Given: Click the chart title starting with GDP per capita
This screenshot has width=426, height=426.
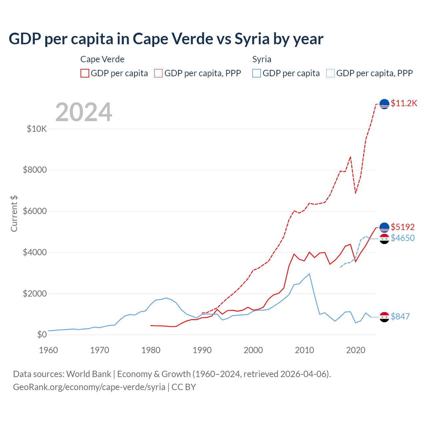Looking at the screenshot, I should click(x=166, y=39).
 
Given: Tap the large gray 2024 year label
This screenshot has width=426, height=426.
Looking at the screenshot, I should click(x=84, y=112).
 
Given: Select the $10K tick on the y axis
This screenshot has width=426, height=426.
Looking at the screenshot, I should click(x=37, y=129).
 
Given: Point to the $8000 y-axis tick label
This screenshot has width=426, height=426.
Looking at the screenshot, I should click(x=35, y=170).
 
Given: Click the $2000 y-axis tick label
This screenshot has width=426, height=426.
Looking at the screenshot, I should click(x=35, y=294).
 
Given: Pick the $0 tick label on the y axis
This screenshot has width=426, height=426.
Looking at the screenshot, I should click(x=42, y=334).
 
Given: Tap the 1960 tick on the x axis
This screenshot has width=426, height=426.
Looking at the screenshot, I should click(x=49, y=350).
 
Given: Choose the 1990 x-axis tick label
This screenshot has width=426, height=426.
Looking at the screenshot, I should click(x=202, y=350).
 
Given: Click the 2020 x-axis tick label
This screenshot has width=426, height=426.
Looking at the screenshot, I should click(x=356, y=350).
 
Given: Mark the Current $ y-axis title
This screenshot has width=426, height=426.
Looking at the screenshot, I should click(x=14, y=214).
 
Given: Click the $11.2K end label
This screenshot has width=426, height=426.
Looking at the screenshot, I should click(x=404, y=103).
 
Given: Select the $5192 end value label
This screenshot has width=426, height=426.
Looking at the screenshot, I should click(x=403, y=227).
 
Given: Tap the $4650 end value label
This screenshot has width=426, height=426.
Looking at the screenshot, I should click(x=403, y=238).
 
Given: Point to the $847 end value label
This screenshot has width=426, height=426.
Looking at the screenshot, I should click(x=400, y=317).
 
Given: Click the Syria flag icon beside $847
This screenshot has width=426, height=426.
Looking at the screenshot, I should click(x=384, y=317).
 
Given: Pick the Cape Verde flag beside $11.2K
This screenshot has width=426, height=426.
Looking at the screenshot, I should click(x=384, y=104).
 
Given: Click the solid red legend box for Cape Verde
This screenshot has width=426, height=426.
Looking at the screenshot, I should click(x=85, y=73).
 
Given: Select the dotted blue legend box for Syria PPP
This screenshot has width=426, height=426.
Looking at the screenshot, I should click(x=330, y=73).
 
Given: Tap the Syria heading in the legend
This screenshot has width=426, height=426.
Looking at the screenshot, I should click(x=262, y=59).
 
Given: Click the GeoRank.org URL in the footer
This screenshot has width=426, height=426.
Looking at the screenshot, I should click(x=89, y=387).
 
